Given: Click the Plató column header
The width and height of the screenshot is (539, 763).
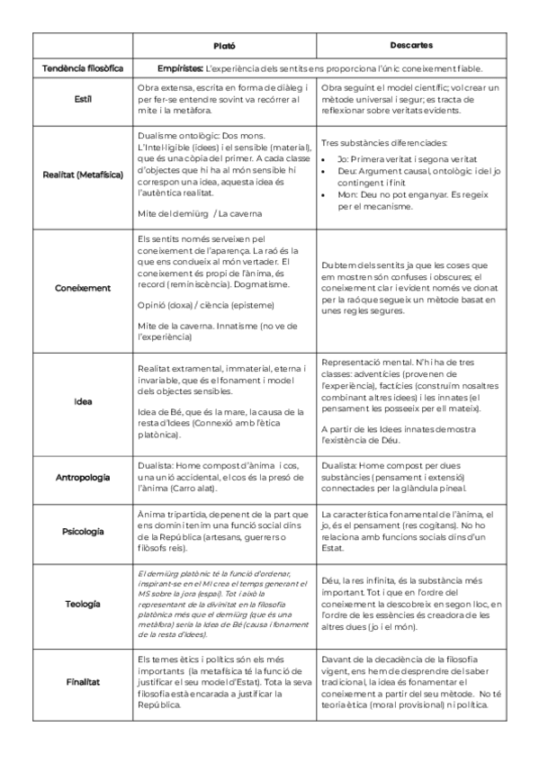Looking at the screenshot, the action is coord(224,44).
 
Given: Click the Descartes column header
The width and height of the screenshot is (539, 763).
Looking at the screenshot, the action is coord(412,44).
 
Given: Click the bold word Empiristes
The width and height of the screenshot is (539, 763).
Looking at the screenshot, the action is coord(179,67).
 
